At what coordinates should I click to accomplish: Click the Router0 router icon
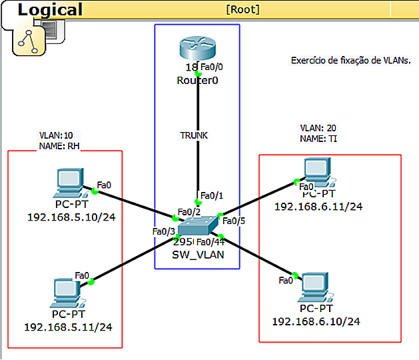click(198, 50)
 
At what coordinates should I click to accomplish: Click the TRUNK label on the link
click(194, 135)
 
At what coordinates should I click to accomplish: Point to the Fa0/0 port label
click(212, 67)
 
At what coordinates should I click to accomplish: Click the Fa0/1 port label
click(212, 195)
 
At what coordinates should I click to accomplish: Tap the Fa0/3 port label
click(163, 231)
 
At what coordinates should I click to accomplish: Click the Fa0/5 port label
click(234, 221)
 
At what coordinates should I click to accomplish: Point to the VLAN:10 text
click(56, 135)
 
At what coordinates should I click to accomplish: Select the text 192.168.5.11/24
click(68, 327)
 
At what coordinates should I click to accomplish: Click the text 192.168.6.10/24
click(316, 321)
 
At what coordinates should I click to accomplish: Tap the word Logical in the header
click(50, 9)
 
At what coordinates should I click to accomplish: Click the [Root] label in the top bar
click(242, 9)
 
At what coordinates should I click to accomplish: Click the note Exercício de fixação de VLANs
click(351, 61)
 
